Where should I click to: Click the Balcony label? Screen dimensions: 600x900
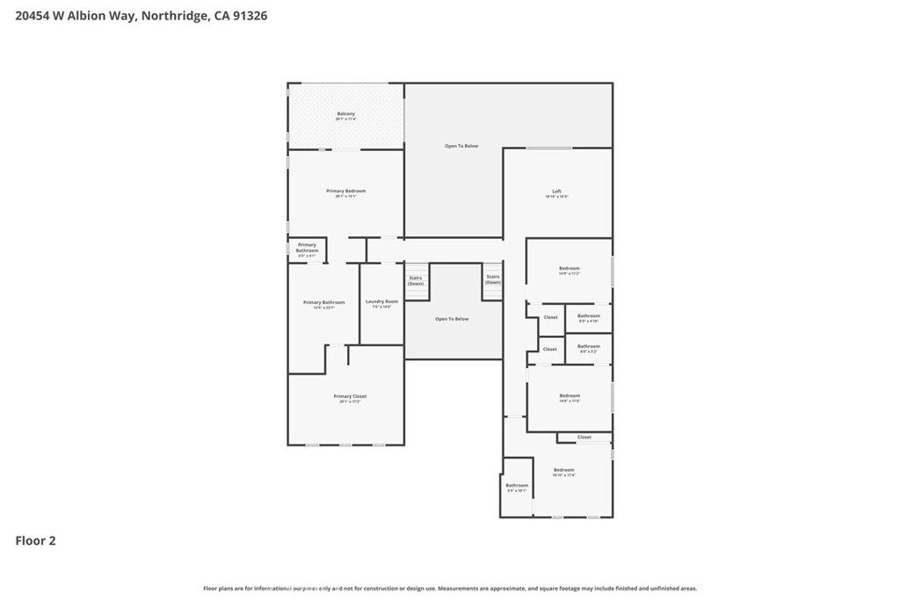pyautogui.click(x=346, y=113)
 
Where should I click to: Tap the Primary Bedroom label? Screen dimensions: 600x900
pyautogui.click(x=345, y=191)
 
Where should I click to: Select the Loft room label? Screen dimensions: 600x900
pyautogui.click(x=556, y=191)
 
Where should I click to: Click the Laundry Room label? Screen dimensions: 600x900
pyautogui.click(x=381, y=301)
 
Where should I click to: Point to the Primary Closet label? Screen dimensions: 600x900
pyautogui.click(x=350, y=396)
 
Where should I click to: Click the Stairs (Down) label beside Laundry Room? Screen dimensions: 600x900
pyautogui.click(x=416, y=280)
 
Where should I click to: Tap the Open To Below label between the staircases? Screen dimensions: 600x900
pyautogui.click(x=452, y=319)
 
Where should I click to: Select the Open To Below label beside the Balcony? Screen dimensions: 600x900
pyautogui.click(x=461, y=146)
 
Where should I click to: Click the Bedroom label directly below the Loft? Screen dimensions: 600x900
pyautogui.click(x=569, y=268)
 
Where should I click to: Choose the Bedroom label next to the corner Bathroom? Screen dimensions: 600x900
pyautogui.click(x=563, y=470)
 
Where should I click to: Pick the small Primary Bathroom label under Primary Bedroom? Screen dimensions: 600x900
pyautogui.click(x=307, y=248)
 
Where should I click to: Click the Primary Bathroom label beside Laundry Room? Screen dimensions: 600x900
pyautogui.click(x=323, y=302)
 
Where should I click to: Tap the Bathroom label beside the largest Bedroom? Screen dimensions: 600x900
pyautogui.click(x=517, y=486)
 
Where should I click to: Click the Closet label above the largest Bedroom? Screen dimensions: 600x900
pyautogui.click(x=584, y=437)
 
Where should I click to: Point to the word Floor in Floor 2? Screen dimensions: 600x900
pyautogui.click(x=29, y=541)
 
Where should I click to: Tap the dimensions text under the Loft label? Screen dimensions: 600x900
pyautogui.click(x=556, y=197)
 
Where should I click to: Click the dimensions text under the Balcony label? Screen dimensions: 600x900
pyautogui.click(x=346, y=119)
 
